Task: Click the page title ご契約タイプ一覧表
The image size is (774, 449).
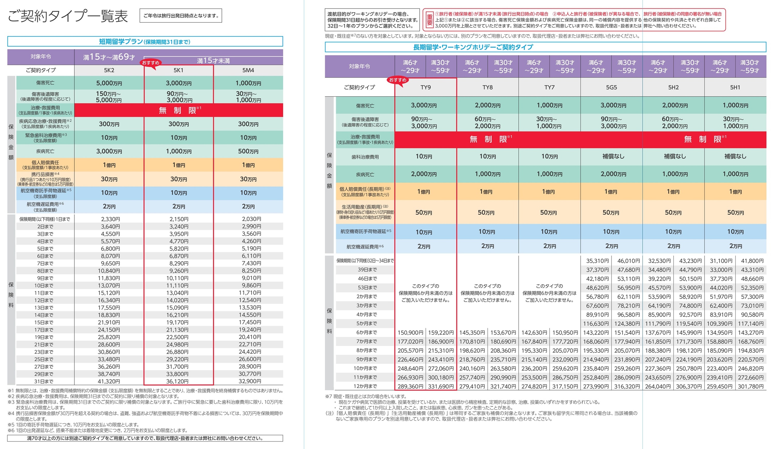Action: click(68, 16)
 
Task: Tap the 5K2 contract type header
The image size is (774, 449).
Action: click(109, 70)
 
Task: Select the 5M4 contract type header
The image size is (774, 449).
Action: click(248, 70)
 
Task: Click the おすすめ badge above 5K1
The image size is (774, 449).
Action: click(150, 63)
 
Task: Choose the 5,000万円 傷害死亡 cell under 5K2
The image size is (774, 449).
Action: click(109, 83)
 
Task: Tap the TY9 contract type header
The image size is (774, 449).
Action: click(426, 87)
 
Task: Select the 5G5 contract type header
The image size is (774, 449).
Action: click(611, 87)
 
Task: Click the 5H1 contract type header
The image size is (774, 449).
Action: click(735, 87)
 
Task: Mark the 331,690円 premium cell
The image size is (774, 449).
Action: click(441, 386)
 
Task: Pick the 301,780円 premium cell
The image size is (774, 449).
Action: click(750, 386)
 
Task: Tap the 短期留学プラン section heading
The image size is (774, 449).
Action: click(145, 42)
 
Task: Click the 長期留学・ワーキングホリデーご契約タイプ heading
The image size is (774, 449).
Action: click(473, 47)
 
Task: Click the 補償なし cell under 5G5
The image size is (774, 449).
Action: click(613, 156)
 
